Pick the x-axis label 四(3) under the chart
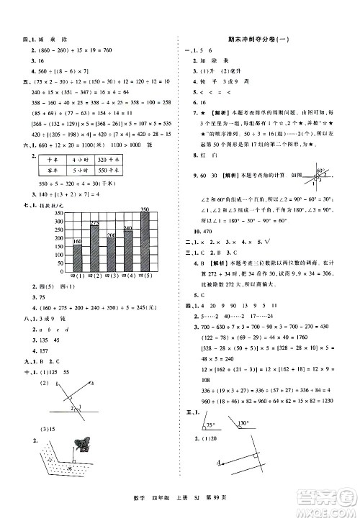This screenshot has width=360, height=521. point(111,277)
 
